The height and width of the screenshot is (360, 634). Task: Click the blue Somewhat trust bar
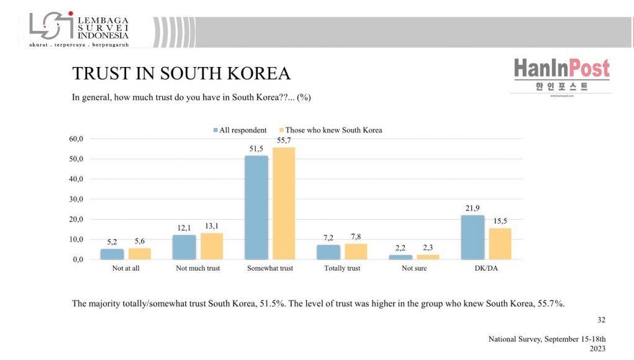[256, 207]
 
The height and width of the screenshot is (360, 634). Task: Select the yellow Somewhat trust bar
[284, 203]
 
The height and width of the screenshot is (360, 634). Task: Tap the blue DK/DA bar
[472, 237]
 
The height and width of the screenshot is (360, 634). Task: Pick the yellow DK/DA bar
[500, 243]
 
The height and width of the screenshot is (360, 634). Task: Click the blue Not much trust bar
[184, 247]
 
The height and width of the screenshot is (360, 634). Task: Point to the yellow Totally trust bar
[356, 251]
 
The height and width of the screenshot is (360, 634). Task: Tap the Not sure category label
[415, 268]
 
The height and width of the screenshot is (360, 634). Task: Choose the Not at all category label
[125, 268]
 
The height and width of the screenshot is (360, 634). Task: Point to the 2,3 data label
[428, 247]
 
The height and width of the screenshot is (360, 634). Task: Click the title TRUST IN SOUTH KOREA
[181, 73]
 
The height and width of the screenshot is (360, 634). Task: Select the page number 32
[601, 320]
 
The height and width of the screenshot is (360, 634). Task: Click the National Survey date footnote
[546, 343]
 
